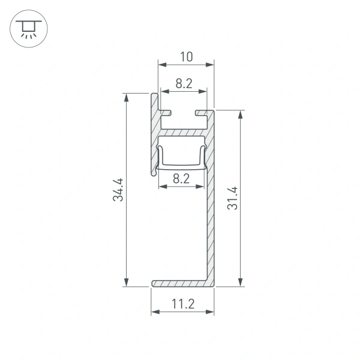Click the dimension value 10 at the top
pos(186,57)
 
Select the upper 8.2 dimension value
pos(184,84)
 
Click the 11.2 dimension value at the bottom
pos(182,304)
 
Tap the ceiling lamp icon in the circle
pos(26,28)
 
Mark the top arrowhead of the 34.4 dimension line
pos(127,97)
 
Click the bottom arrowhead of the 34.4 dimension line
pos(127,283)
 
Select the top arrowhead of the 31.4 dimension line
pos(240,115)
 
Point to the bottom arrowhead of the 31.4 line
pos(240,283)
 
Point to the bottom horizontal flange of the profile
pos(180,283)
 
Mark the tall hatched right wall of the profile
pos(210,228)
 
